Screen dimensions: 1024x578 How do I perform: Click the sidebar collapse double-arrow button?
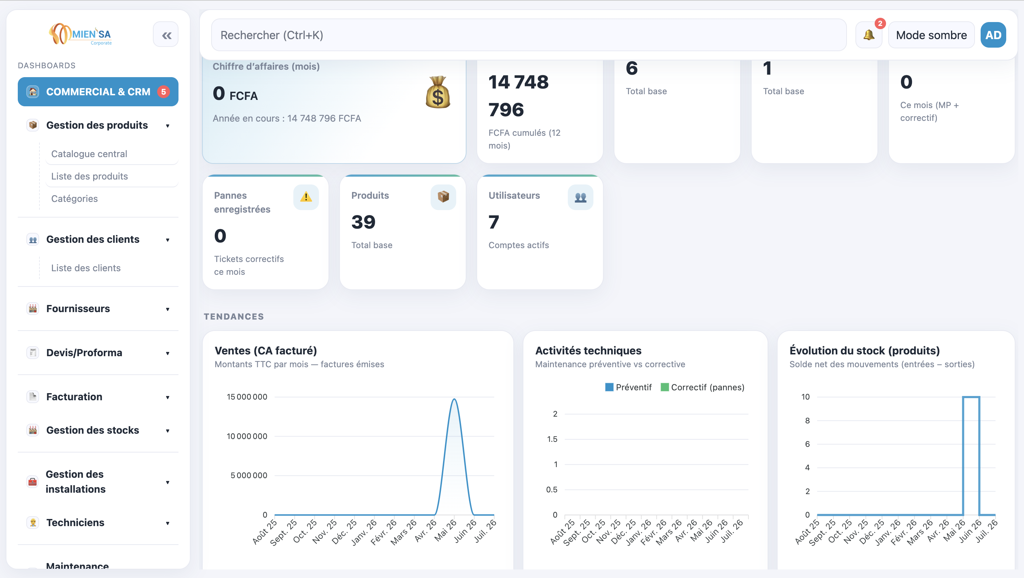point(166,35)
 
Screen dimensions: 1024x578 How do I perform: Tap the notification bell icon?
point(869,35)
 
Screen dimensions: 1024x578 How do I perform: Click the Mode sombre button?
point(931,35)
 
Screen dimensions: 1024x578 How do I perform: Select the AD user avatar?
point(993,35)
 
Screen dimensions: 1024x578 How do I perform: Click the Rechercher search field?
point(529,35)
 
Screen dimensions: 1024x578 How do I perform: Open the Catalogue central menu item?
point(89,154)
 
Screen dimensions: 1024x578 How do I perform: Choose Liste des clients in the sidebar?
point(86,268)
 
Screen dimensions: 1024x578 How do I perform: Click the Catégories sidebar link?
point(74,199)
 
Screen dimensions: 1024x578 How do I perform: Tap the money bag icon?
point(438,92)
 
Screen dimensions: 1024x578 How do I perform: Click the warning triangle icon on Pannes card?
point(306,197)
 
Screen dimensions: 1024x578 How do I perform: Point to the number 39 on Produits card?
point(363,222)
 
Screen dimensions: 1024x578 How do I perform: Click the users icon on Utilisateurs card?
point(580,197)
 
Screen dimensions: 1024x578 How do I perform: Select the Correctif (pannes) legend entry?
point(703,387)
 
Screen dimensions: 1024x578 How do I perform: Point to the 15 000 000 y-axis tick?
point(247,397)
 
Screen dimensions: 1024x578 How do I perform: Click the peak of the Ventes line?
point(454,399)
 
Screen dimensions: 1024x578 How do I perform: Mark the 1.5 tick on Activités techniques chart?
point(552,439)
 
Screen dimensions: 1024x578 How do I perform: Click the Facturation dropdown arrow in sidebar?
point(167,397)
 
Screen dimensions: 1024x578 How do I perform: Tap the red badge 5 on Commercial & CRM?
point(164,91)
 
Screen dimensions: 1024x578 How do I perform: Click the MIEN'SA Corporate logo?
point(80,34)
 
